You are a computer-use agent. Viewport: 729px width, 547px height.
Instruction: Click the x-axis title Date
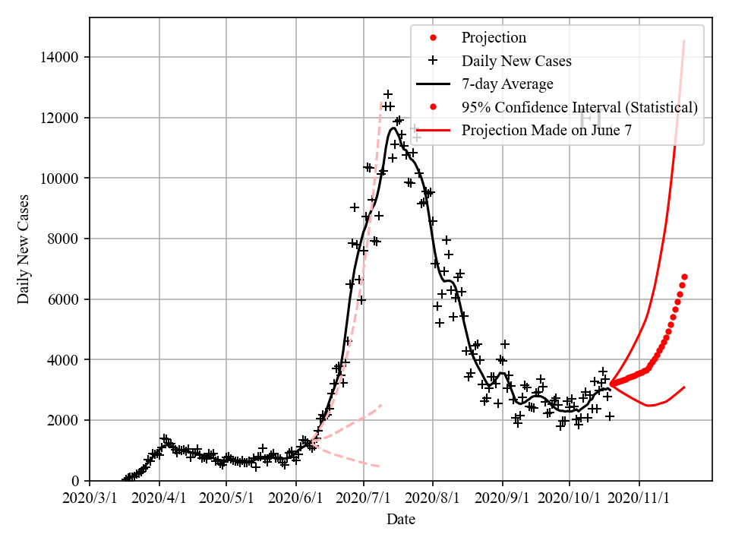click(401, 520)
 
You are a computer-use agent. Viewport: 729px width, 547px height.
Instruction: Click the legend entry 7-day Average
click(507, 84)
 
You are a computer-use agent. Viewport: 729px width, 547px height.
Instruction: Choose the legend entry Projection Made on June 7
click(547, 130)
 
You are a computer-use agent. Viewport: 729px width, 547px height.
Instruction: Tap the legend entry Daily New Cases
click(516, 61)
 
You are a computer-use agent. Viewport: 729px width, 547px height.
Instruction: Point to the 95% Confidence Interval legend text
click(579, 107)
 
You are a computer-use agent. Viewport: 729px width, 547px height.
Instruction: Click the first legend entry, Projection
click(494, 38)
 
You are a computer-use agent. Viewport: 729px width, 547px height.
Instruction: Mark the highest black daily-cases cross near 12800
click(388, 94)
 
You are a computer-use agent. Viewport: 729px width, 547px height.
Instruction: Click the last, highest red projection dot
click(684, 277)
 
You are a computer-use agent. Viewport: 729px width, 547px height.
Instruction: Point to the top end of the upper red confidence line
click(684, 41)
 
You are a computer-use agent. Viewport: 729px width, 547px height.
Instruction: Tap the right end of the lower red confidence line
click(684, 387)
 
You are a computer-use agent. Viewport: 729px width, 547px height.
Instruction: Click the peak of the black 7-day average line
click(393, 128)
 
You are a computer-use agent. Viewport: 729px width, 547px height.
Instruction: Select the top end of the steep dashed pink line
click(381, 102)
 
